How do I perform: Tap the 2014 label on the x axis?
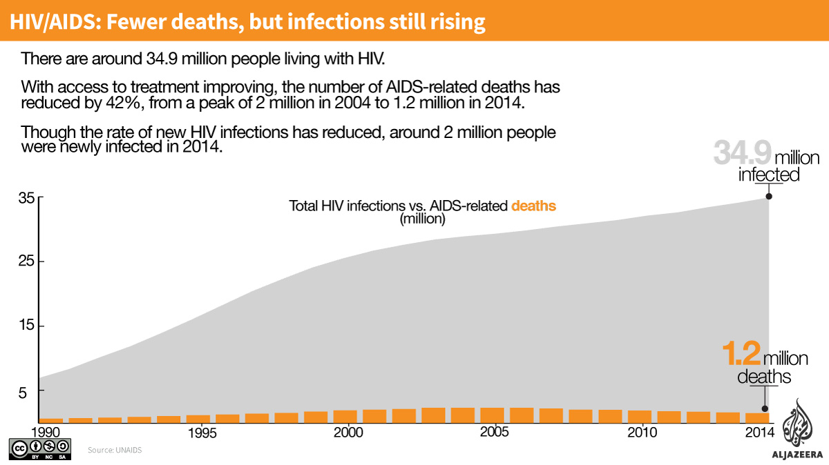[x=759, y=433]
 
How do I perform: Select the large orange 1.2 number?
[x=741, y=354]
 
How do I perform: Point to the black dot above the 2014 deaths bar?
[x=764, y=409]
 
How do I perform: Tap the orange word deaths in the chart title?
[x=533, y=206]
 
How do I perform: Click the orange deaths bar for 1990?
[x=51, y=419]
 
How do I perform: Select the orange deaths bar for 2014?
[x=756, y=417]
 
